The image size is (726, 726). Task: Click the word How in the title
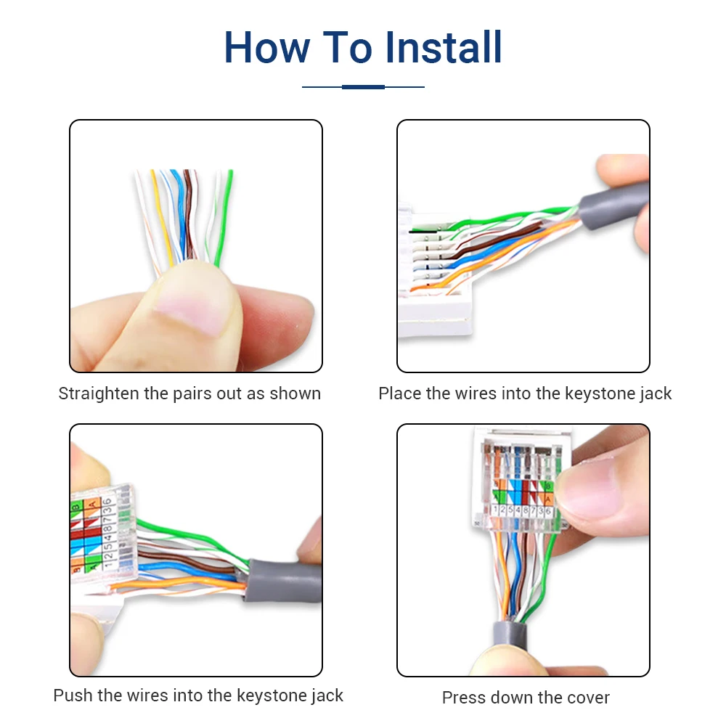pos(266,47)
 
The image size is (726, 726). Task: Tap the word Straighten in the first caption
pos(99,393)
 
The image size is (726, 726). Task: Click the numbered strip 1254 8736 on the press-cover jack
pos(522,510)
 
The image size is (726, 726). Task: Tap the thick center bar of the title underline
pos(363,87)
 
